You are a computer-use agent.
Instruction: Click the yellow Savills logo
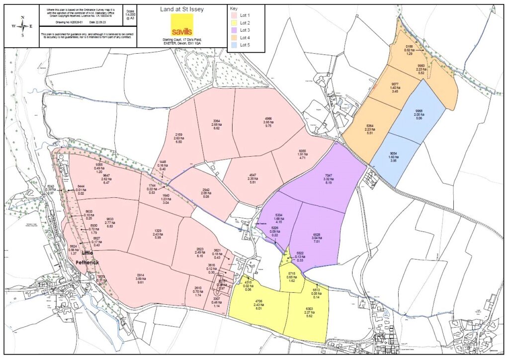[x=181, y=24]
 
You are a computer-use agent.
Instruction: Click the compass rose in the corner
[x=22, y=27]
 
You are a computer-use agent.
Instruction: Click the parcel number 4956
[x=268, y=119]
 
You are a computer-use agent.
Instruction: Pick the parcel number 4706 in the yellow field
[x=258, y=301]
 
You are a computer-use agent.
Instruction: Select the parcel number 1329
[x=158, y=231]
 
